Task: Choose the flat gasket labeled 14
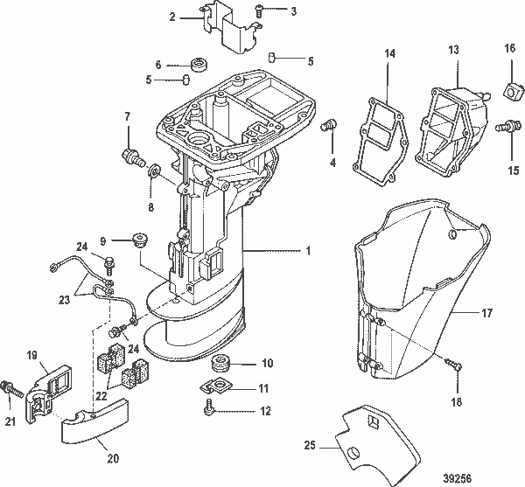coord(377,141)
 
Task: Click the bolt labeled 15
coord(507,128)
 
